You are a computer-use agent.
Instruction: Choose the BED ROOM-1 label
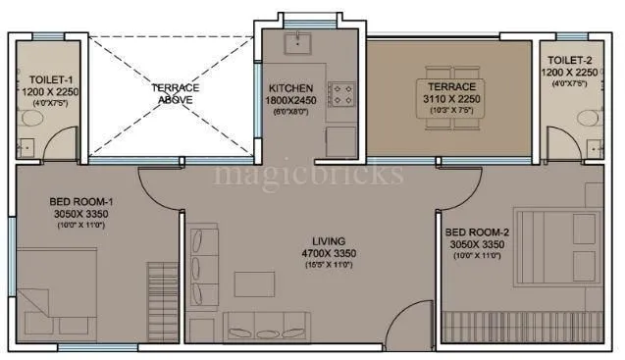click(80, 202)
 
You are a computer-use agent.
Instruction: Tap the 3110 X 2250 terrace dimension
click(451, 100)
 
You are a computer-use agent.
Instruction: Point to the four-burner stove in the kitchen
click(341, 94)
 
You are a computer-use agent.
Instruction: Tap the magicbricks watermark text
click(308, 176)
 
